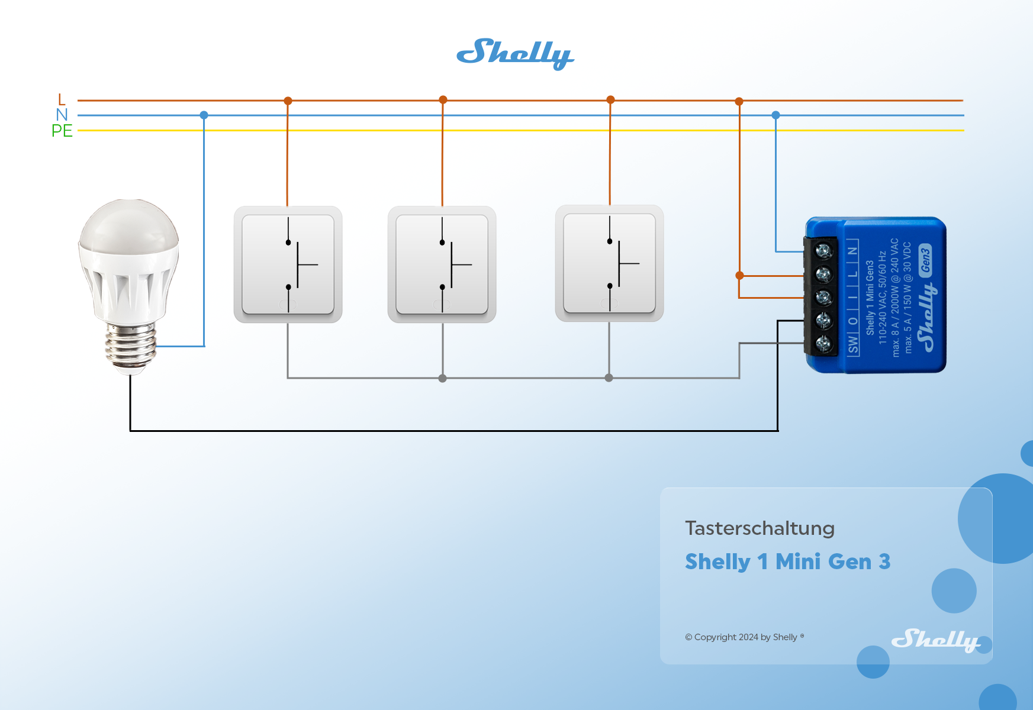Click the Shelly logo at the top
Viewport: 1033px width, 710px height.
tap(514, 54)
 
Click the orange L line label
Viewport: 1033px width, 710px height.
tap(62, 99)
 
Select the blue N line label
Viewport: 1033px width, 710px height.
tap(62, 115)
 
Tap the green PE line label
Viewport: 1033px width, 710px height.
tap(62, 131)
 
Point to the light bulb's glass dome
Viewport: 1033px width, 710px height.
tap(129, 228)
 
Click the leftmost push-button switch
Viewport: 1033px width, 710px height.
tap(288, 264)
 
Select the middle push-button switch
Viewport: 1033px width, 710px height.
tap(442, 264)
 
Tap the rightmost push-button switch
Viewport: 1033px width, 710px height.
tap(609, 263)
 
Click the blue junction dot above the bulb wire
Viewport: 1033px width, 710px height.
tap(204, 115)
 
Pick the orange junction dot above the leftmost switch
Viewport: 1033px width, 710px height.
tap(288, 101)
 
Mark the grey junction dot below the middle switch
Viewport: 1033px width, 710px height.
tap(442, 378)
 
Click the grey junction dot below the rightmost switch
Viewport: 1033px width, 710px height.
tap(609, 377)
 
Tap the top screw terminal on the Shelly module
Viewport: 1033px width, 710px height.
tap(823, 251)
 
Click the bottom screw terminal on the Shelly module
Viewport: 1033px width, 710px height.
tap(823, 343)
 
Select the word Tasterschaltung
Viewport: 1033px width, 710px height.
tap(760, 528)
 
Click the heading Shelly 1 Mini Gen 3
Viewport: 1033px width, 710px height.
tap(787, 561)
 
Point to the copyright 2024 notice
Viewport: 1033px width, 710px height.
tap(744, 637)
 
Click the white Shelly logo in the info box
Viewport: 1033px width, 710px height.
tap(935, 640)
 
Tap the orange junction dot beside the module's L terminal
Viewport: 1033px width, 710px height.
tap(739, 275)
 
